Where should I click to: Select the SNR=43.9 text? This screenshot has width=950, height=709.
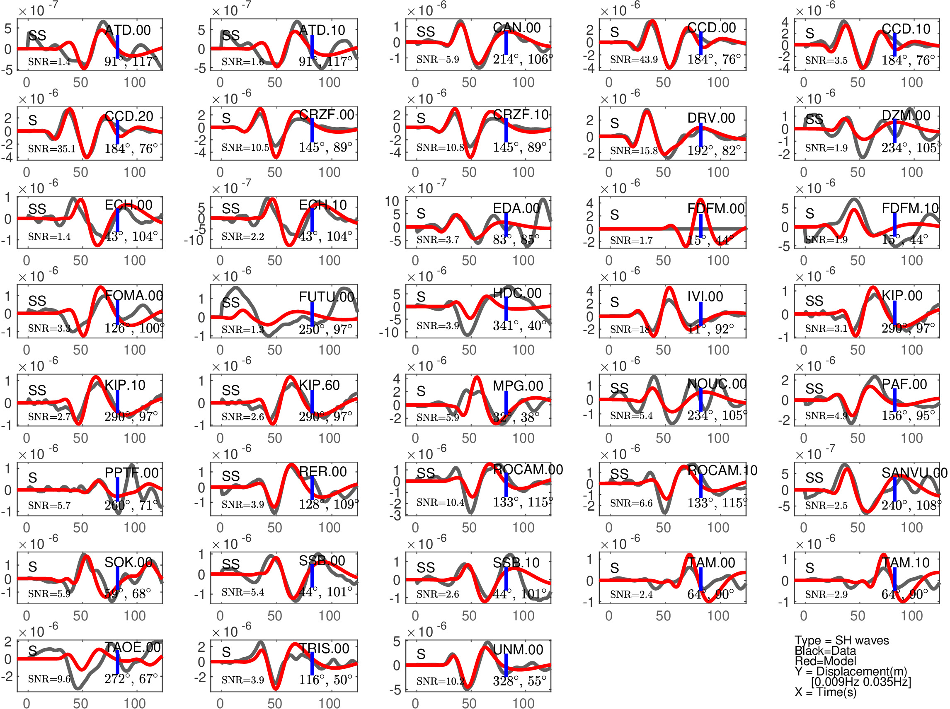633,60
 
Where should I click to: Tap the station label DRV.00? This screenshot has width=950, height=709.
711,118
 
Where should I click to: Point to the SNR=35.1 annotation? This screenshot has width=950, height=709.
51,149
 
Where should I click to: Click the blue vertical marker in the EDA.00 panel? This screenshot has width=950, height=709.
506,224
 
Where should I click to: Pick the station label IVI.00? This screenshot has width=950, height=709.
705,296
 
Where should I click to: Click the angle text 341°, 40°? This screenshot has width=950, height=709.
519,326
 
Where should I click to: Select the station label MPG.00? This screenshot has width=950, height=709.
518,386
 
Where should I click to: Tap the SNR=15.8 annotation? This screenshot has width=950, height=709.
633,151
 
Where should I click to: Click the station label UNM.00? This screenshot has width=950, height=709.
518,650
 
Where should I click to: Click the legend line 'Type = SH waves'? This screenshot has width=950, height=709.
841,640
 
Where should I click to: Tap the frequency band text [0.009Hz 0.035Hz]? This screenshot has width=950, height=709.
860,682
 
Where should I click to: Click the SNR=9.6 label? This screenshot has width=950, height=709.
49,679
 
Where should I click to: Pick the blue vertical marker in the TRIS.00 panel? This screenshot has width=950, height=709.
312,663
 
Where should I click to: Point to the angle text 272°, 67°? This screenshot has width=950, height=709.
131,679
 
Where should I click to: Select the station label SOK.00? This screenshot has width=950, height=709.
128,562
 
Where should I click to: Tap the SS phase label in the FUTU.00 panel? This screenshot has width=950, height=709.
230,302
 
